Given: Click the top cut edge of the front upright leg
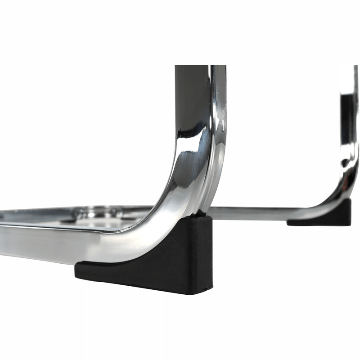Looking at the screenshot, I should [x=200, y=66].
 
